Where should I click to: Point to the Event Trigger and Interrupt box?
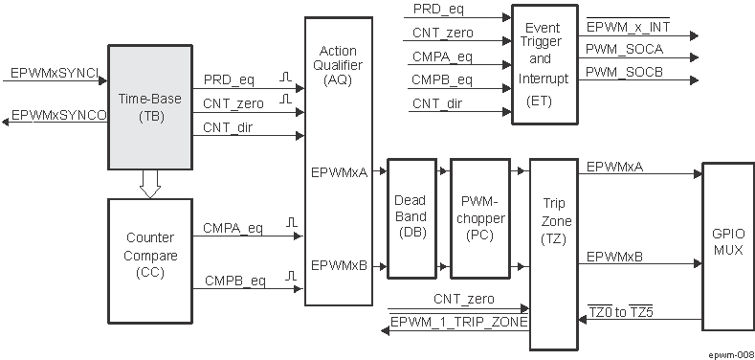544,64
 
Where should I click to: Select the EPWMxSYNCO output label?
57,116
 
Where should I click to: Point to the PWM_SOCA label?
623,48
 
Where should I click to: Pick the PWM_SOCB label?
623,71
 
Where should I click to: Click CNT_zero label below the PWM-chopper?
462,299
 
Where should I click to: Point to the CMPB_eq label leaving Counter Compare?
234,281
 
